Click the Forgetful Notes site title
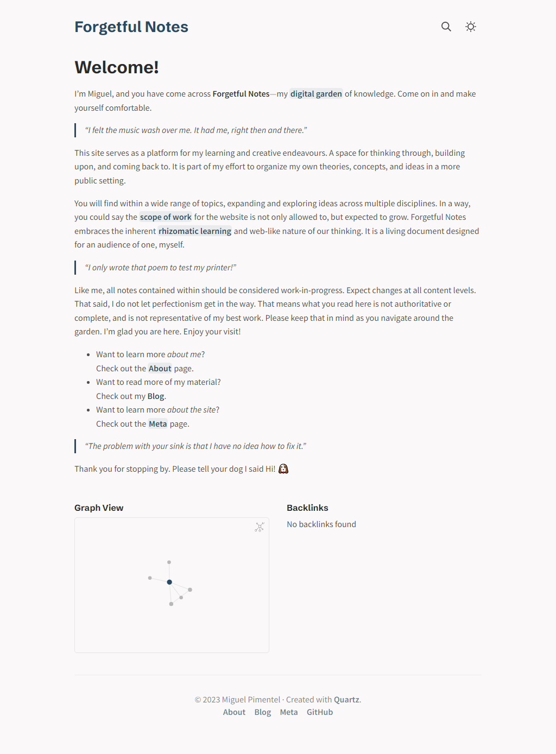(x=131, y=27)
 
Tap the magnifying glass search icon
(x=446, y=27)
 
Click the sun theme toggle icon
(x=471, y=27)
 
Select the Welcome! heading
(x=117, y=67)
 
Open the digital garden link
(x=316, y=94)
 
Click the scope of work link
(x=166, y=217)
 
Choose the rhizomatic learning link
(x=195, y=231)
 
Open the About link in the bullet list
(x=160, y=369)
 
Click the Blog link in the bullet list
(x=156, y=396)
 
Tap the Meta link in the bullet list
(x=158, y=424)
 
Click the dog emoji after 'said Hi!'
(x=283, y=468)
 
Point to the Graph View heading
(x=99, y=508)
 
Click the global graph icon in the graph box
(x=260, y=527)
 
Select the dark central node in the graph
(x=169, y=582)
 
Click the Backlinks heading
(x=307, y=508)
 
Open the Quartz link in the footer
(x=346, y=700)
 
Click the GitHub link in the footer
(x=320, y=712)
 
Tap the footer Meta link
(x=289, y=712)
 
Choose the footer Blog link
(x=263, y=712)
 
